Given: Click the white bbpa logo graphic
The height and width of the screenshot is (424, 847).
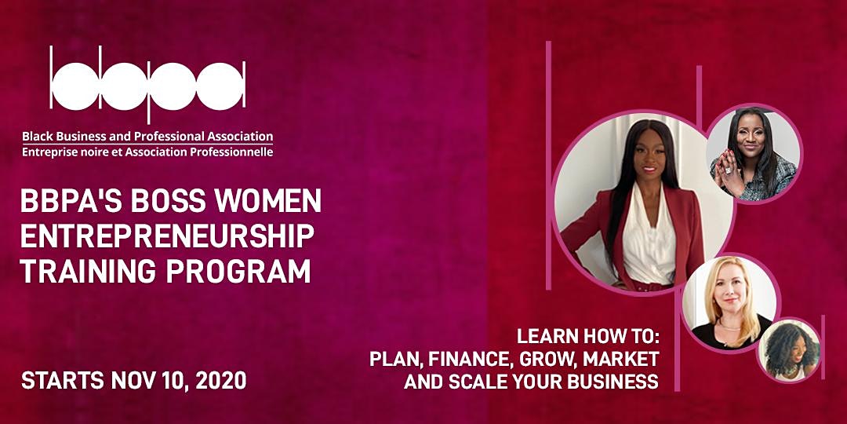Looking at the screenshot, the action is pos(147,85).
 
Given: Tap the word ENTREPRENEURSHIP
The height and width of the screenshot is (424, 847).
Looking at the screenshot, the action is pos(168,236).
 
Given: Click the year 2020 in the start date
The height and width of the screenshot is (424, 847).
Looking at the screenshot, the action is pos(220,381).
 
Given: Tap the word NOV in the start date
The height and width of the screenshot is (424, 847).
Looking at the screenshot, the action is pos(133,381).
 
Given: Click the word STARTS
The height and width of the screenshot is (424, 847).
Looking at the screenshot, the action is pos(63,381).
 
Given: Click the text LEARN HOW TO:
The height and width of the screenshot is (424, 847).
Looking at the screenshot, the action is pos(588,336).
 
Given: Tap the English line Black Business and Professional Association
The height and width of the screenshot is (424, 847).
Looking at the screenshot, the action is pos(147,137).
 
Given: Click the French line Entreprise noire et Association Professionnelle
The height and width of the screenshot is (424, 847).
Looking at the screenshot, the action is pos(147,152).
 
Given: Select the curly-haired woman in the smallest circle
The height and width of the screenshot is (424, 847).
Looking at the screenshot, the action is pos(790,350).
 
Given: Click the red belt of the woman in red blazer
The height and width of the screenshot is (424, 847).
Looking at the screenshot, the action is pos(650,287).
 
